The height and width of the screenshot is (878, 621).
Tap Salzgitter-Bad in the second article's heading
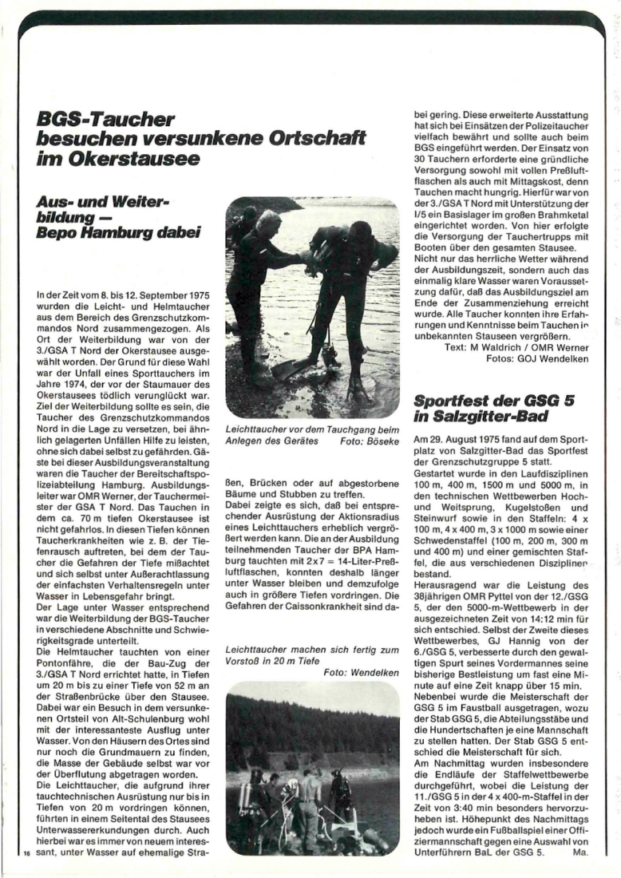click(x=478, y=417)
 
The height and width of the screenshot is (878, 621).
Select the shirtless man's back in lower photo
click(x=309, y=799)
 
